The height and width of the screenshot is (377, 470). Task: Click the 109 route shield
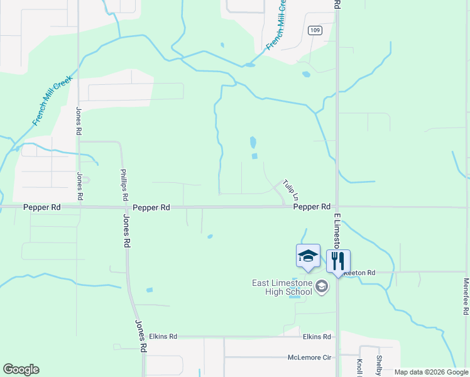pyautogui.click(x=315, y=30)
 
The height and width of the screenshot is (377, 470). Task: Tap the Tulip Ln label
pyautogui.click(x=290, y=188)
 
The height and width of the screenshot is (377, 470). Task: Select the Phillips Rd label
pyautogui.click(x=124, y=184)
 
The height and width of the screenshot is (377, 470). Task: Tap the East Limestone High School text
pyautogui.click(x=282, y=288)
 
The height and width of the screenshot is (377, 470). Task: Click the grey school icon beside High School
pyautogui.click(x=322, y=287)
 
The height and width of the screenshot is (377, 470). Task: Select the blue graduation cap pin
pyautogui.click(x=308, y=256)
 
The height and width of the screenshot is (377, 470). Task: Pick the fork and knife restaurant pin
pyautogui.click(x=338, y=261)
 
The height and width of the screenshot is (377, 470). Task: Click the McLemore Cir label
pyautogui.click(x=309, y=357)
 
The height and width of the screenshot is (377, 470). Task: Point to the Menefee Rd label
pyautogui.click(x=466, y=297)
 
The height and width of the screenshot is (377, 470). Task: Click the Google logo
pyautogui.click(x=21, y=369)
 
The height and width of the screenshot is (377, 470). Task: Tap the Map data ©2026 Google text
pyautogui.click(x=431, y=373)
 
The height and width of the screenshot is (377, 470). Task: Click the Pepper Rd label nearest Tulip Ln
pyautogui.click(x=312, y=207)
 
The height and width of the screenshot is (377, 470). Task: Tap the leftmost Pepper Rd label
pyautogui.click(x=42, y=207)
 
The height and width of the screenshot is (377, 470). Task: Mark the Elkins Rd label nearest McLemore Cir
pyautogui.click(x=317, y=337)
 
